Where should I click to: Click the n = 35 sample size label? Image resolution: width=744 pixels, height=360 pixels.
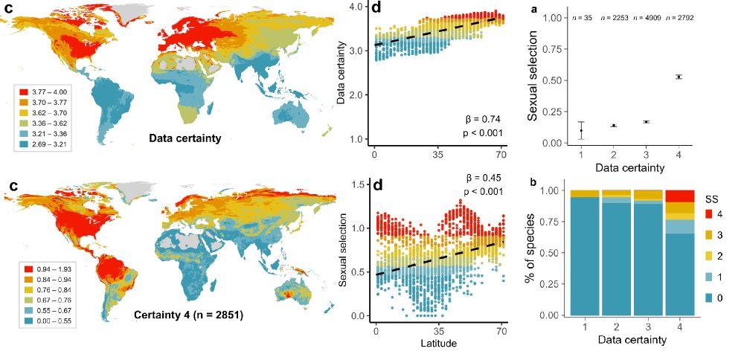click(x=580, y=17)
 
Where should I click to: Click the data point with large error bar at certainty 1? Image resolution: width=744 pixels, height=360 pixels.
click(x=581, y=131)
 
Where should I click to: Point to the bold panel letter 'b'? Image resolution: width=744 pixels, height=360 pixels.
click(x=533, y=181)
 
